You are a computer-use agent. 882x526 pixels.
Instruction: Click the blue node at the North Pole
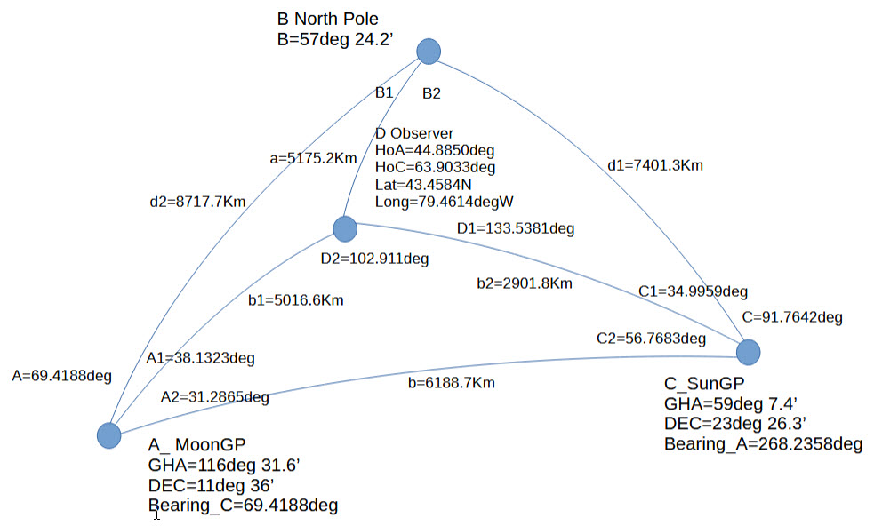(429, 52)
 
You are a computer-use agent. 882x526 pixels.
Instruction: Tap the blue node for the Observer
(345, 229)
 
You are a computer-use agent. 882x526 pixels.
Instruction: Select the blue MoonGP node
(108, 435)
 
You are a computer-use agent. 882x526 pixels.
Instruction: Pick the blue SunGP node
(749, 352)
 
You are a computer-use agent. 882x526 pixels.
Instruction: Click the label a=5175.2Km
(313, 159)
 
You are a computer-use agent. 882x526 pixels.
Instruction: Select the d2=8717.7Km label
(197, 202)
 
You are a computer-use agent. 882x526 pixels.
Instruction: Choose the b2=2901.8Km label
(524, 284)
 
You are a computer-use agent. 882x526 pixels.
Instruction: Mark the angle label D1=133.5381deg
(516, 228)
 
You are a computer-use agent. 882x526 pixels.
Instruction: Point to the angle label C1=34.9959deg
(693, 291)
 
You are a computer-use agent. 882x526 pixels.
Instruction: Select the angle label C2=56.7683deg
(652, 339)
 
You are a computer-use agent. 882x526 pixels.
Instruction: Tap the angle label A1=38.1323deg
(201, 359)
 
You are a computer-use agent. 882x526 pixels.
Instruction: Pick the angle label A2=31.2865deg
(215, 397)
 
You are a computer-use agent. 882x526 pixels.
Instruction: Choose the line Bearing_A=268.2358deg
(763, 443)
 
